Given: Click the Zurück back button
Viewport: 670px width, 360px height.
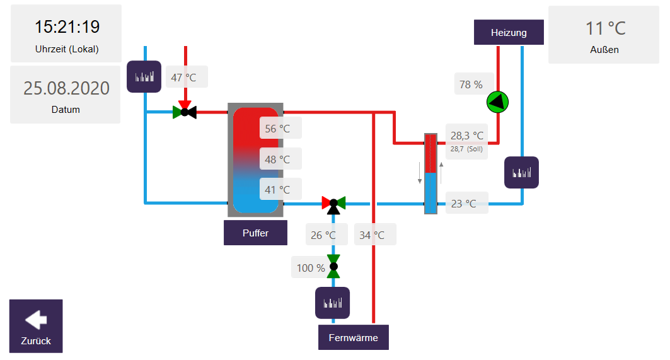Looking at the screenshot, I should (x=36, y=325).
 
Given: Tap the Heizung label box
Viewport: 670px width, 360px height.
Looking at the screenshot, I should (x=509, y=32).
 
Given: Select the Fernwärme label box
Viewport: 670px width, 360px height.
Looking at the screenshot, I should (x=354, y=337).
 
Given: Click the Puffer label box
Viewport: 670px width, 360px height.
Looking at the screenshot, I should (x=255, y=233).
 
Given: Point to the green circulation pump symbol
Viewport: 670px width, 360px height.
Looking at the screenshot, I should (x=497, y=102).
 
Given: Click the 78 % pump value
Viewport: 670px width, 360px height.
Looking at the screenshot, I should (x=471, y=84).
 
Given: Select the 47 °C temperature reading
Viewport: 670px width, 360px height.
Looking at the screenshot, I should (x=184, y=78).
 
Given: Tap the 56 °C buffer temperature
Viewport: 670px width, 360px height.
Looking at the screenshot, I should (x=278, y=129).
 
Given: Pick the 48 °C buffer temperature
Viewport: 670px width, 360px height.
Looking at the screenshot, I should (x=278, y=159).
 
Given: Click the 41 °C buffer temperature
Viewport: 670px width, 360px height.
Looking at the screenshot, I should (x=278, y=189).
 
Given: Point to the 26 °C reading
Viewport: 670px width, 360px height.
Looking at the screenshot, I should (x=324, y=235).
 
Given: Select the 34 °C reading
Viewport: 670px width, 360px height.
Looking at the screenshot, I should (x=373, y=235).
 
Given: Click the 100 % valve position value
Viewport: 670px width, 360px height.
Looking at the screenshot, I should (x=311, y=267).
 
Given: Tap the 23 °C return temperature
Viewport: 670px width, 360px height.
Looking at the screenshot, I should (x=464, y=203).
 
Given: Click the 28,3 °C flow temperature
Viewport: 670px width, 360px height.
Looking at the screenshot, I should (x=467, y=135).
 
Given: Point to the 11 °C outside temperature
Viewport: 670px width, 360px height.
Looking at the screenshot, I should (x=605, y=28).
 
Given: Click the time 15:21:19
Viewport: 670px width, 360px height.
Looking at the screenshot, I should (x=67, y=26).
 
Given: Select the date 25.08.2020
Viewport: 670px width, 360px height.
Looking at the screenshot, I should (x=66, y=88).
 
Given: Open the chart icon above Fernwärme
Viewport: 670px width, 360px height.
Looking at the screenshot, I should (x=332, y=303).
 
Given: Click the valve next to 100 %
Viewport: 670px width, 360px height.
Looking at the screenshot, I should (x=333, y=266).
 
